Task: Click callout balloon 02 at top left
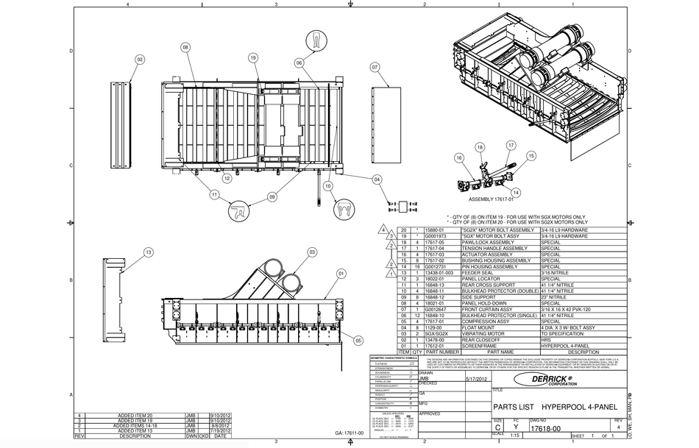coord(140,59)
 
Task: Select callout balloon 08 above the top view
coord(185,47)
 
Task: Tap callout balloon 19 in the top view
coord(252,57)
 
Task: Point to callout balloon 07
coord(375,67)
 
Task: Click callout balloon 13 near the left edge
coord(149,252)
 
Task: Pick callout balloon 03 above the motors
coord(312,252)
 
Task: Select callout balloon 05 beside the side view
coord(358,340)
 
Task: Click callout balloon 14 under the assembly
coord(516,192)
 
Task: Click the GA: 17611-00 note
coord(349,433)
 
